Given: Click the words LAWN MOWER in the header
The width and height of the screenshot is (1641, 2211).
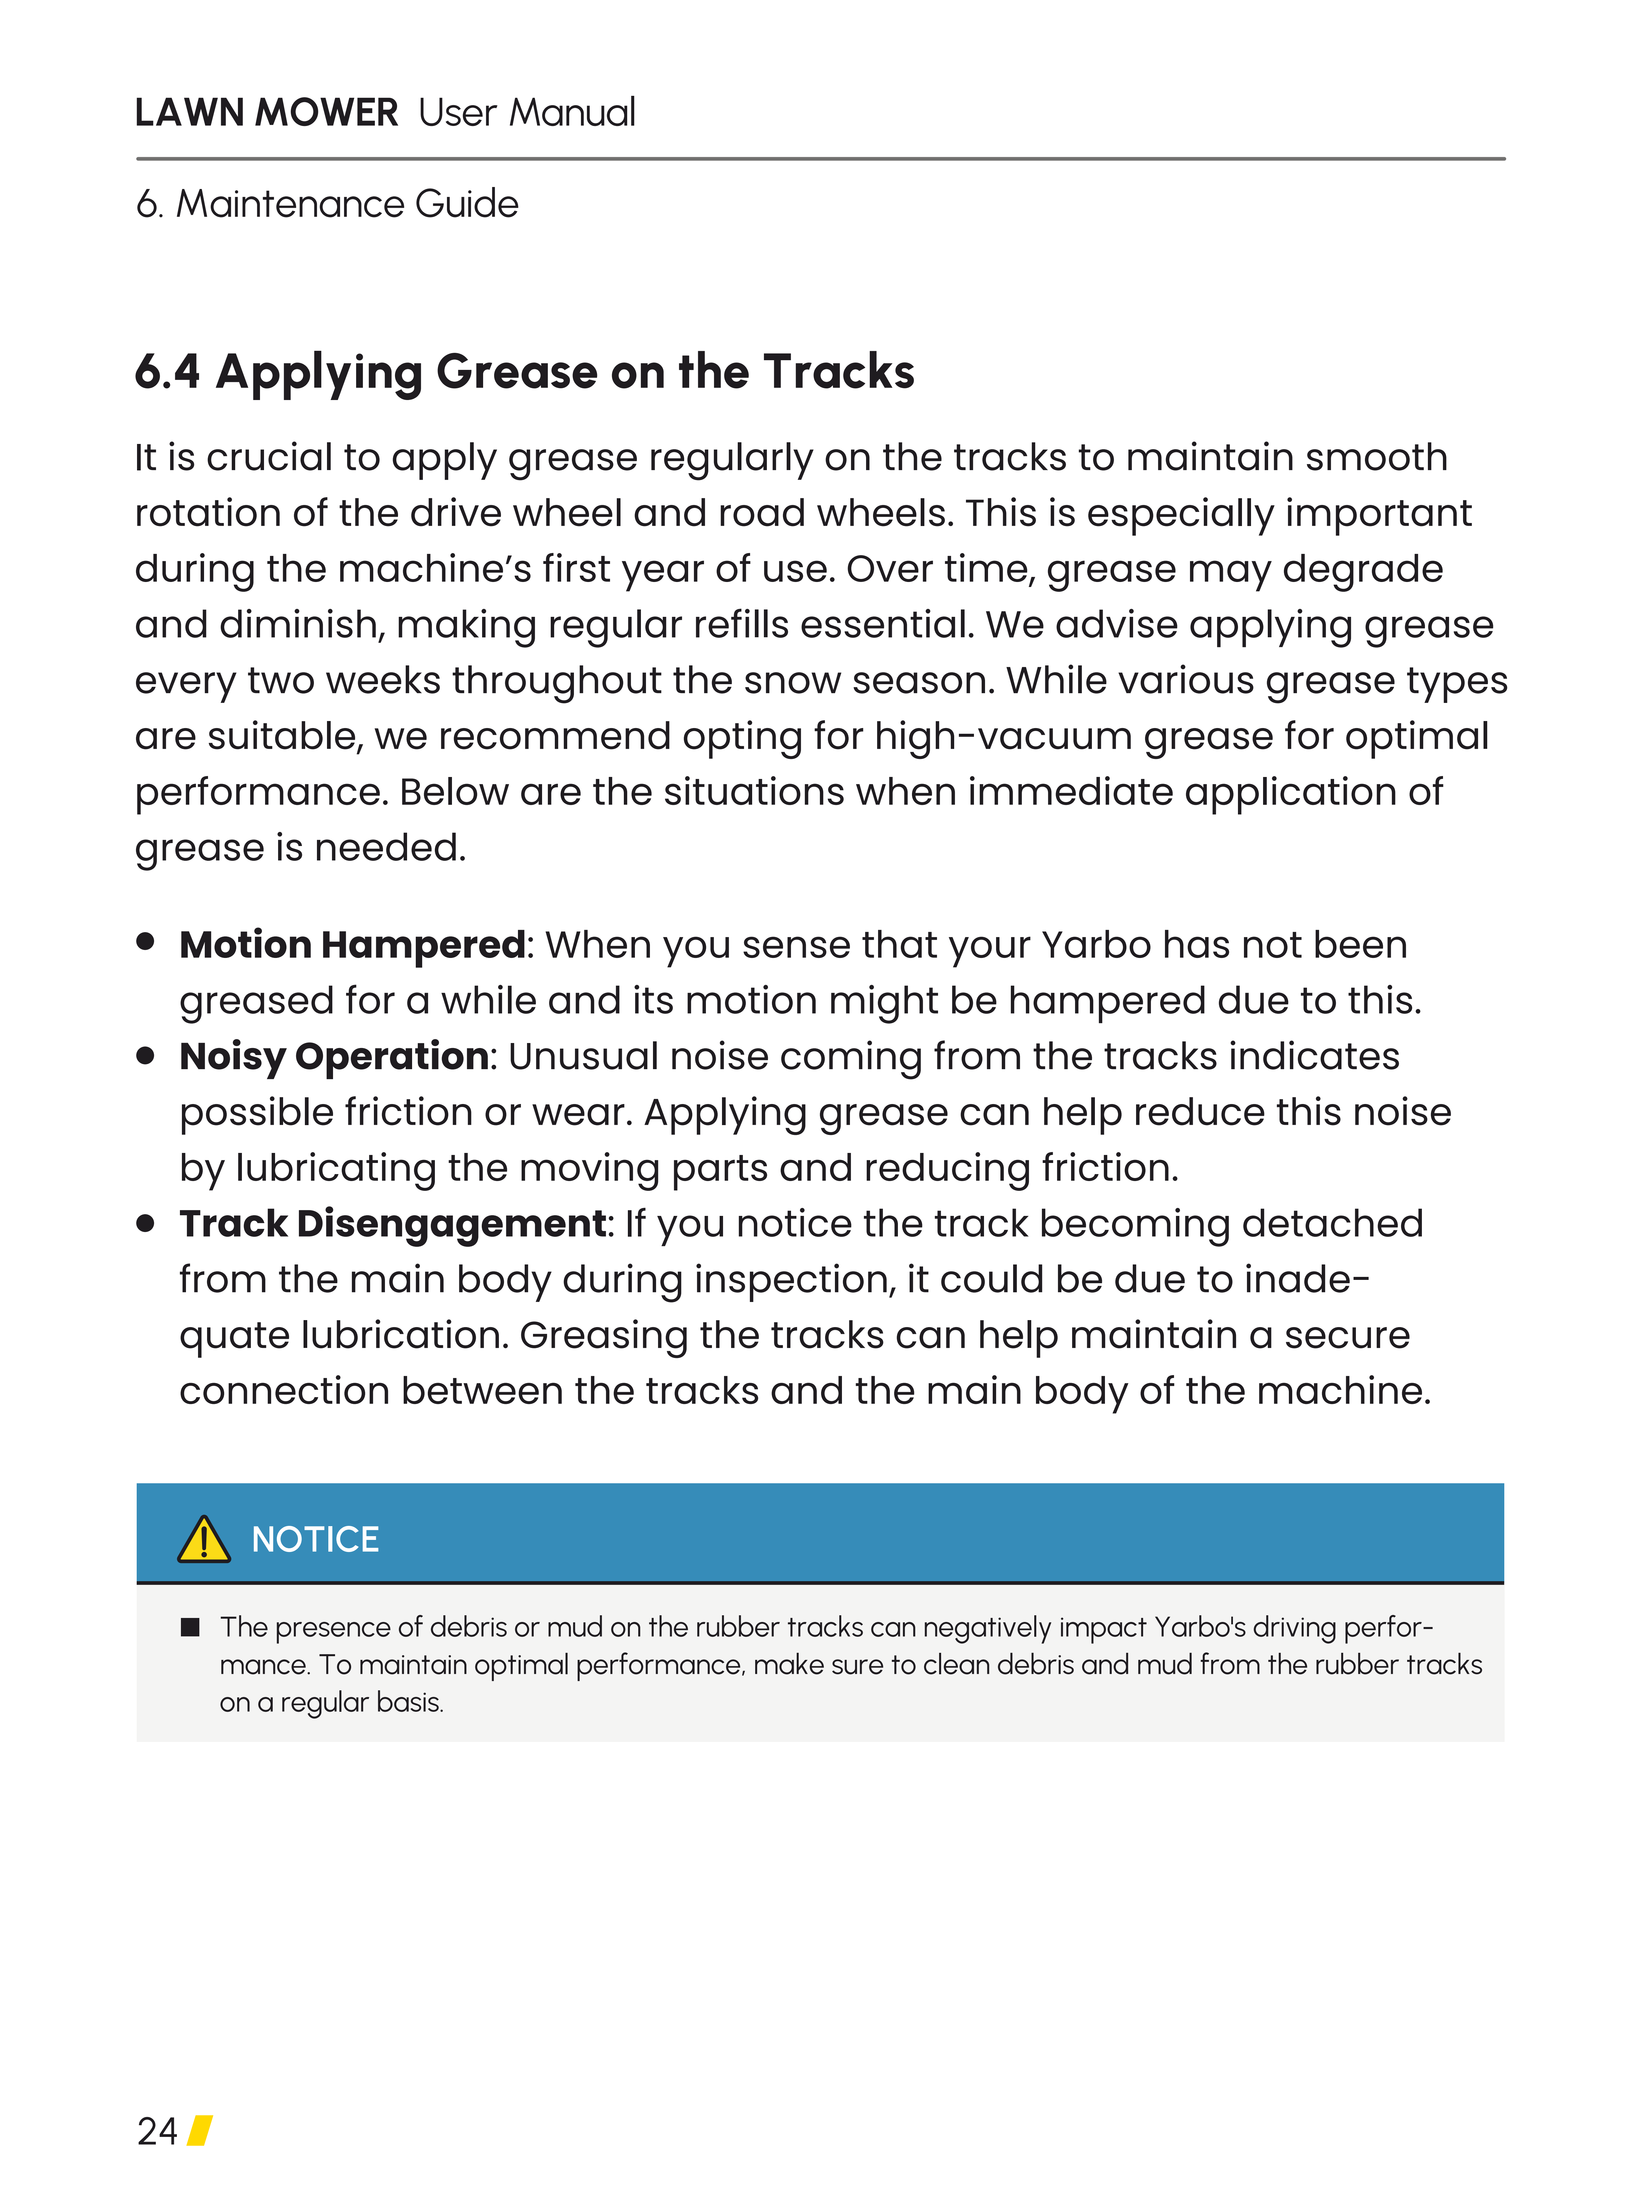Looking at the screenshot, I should pyautogui.click(x=266, y=113).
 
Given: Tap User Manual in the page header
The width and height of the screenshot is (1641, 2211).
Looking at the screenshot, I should pyautogui.click(x=526, y=113).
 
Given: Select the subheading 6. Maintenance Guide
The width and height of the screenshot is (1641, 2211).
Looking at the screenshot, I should pyautogui.click(x=328, y=205).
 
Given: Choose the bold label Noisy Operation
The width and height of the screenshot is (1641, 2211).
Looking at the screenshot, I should pyautogui.click(x=334, y=1057).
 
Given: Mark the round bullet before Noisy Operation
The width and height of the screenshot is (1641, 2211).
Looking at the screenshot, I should pyautogui.click(x=146, y=1055).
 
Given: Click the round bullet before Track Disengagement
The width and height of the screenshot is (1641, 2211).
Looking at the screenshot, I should pyautogui.click(x=146, y=1223).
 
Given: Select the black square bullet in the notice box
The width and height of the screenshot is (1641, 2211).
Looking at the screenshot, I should pyautogui.click(x=190, y=1627).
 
